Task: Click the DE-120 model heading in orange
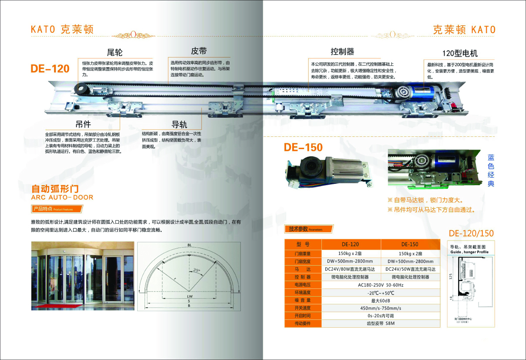click(x=50, y=68)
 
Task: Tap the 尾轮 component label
click(x=115, y=53)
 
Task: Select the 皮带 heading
click(x=199, y=51)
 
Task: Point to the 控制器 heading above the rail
click(x=342, y=51)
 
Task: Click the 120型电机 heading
click(x=460, y=53)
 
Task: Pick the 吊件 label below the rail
click(x=83, y=124)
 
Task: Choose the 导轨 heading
click(x=179, y=124)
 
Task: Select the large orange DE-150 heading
click(x=303, y=147)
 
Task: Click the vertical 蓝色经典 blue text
click(x=491, y=170)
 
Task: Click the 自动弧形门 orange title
click(x=55, y=189)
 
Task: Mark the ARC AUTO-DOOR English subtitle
click(x=62, y=197)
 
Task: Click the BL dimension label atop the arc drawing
click(x=189, y=246)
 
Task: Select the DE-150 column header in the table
click(x=409, y=244)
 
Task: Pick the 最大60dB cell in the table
click(x=380, y=300)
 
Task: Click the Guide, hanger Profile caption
click(x=469, y=252)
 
